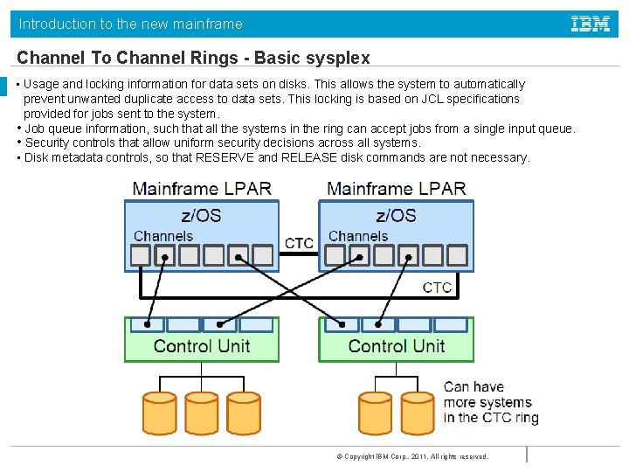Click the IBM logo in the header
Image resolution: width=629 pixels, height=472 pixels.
pos(590,24)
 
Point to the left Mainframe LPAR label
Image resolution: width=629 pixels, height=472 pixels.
pos(202,188)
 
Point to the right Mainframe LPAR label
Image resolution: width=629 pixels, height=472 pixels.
pos(397,188)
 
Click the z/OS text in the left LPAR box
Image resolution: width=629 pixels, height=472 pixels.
pos(201,215)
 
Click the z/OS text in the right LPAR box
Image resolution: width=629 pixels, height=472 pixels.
pos(396,215)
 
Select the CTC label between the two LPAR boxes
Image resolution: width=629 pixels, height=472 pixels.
pos(299,242)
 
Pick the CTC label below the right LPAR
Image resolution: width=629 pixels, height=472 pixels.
pos(437,288)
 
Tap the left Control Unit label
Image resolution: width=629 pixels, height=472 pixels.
pos(201,346)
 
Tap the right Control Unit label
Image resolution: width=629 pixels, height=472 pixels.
pos(396,346)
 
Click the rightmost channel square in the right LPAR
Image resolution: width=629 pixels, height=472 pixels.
pos(455,255)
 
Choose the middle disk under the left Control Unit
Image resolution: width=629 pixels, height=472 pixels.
pos(201,413)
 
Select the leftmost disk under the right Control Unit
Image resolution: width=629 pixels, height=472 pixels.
pos(377,413)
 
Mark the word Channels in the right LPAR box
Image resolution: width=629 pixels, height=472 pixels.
pos(358,236)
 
